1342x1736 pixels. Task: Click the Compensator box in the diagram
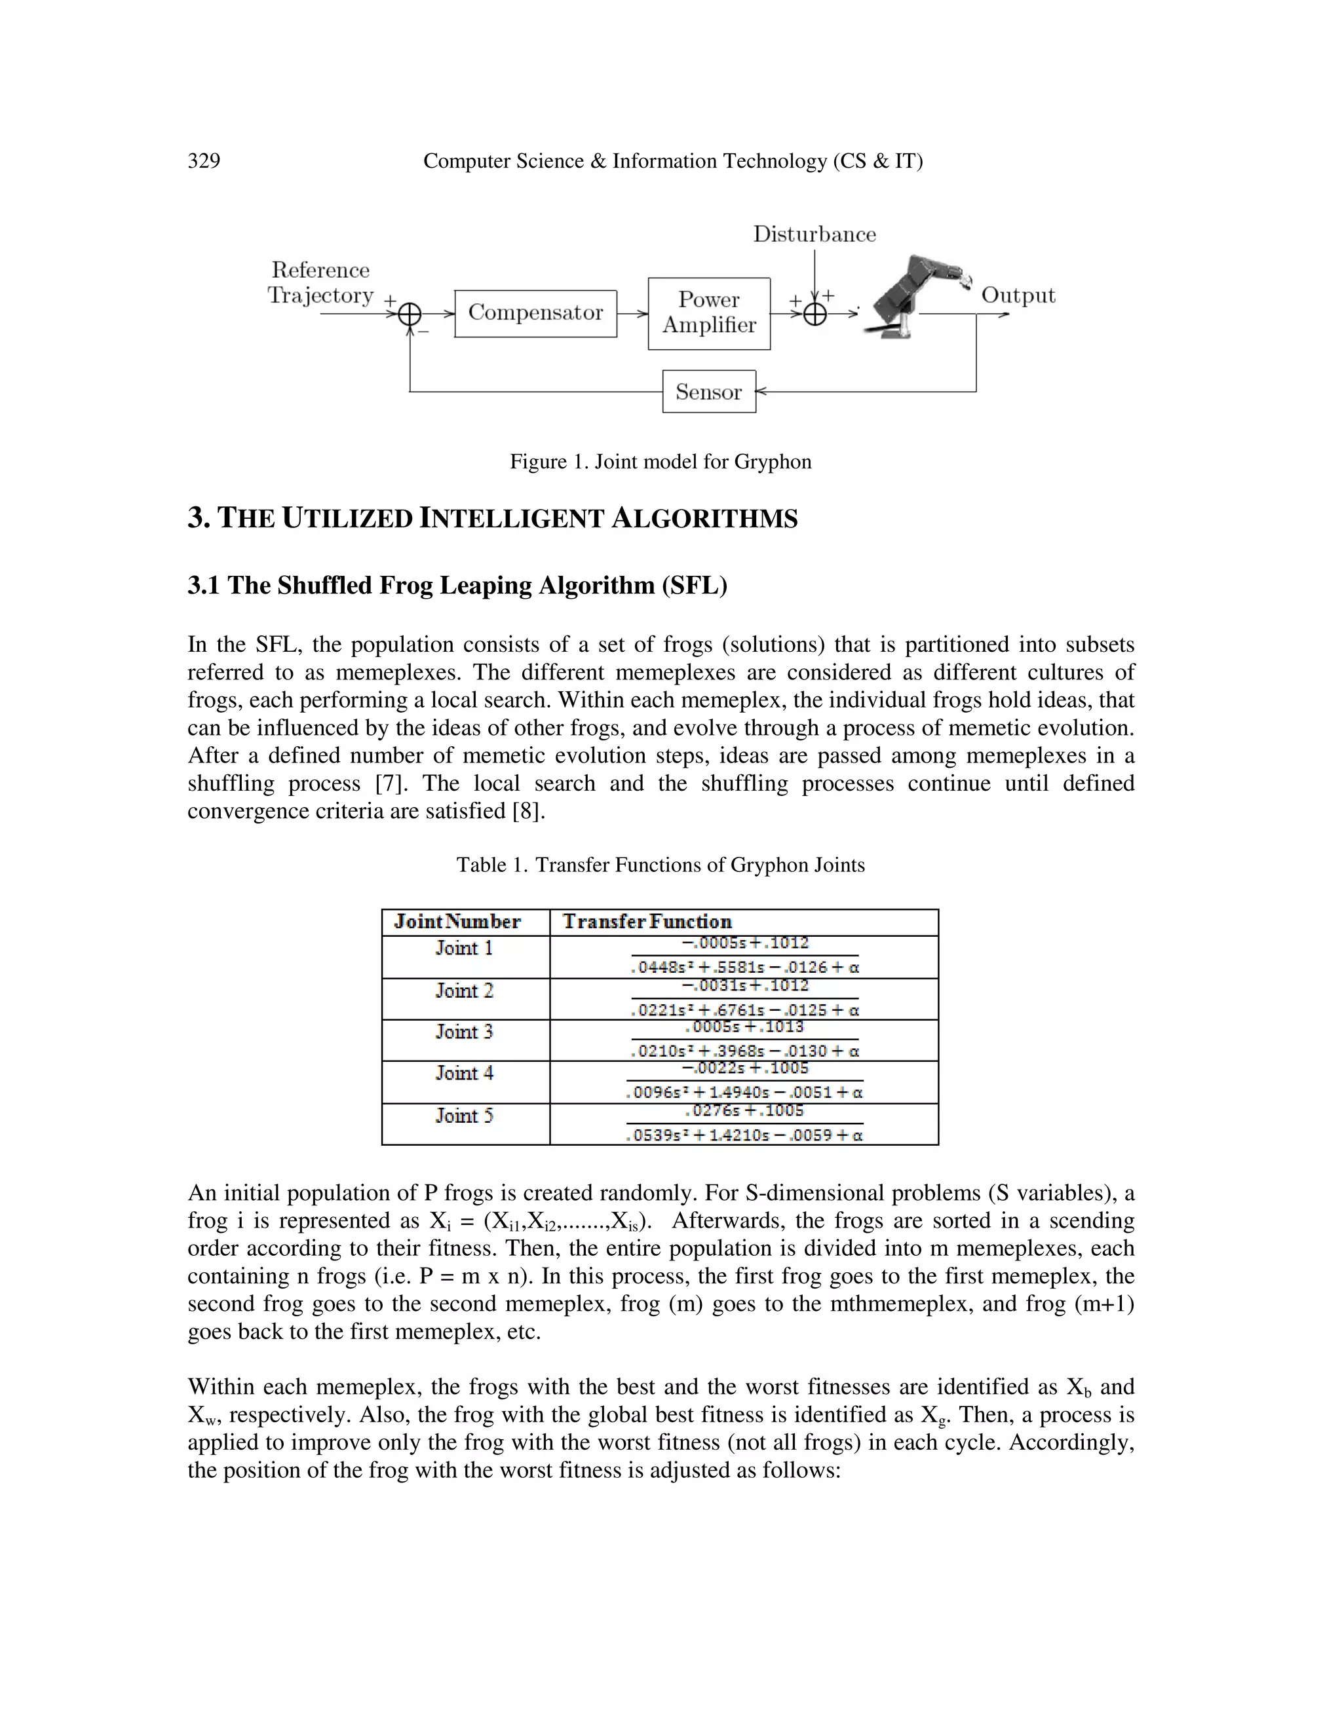coord(535,313)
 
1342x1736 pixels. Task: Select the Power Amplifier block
coord(708,313)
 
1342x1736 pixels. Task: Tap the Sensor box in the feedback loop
coord(708,391)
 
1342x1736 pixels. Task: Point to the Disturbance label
coord(814,235)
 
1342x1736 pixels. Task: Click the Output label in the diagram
coord(1018,295)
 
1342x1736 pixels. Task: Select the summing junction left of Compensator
coord(410,314)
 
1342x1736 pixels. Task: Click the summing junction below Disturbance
coord(815,314)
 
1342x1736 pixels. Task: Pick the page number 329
coord(204,161)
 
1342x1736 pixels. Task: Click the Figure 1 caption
coord(660,462)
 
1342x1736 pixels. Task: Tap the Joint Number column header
coord(457,922)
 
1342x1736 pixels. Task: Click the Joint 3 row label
coord(465,1032)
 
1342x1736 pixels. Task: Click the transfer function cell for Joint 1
coord(744,956)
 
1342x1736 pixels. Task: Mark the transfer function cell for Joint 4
coord(744,1081)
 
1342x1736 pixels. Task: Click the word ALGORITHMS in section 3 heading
coord(704,519)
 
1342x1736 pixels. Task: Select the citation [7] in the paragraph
coord(389,783)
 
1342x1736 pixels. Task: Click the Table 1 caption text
coord(660,865)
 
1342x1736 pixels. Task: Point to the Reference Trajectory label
coord(320,282)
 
